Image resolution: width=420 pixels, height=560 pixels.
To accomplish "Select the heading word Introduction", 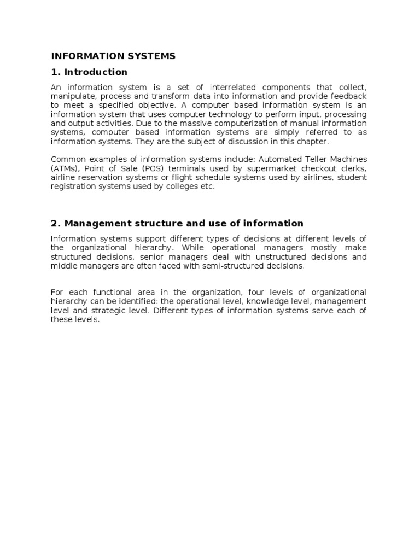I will [x=96, y=72].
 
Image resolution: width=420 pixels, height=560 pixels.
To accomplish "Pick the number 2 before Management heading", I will [x=54, y=223].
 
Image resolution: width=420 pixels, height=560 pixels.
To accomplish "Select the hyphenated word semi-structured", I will [x=215, y=266].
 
